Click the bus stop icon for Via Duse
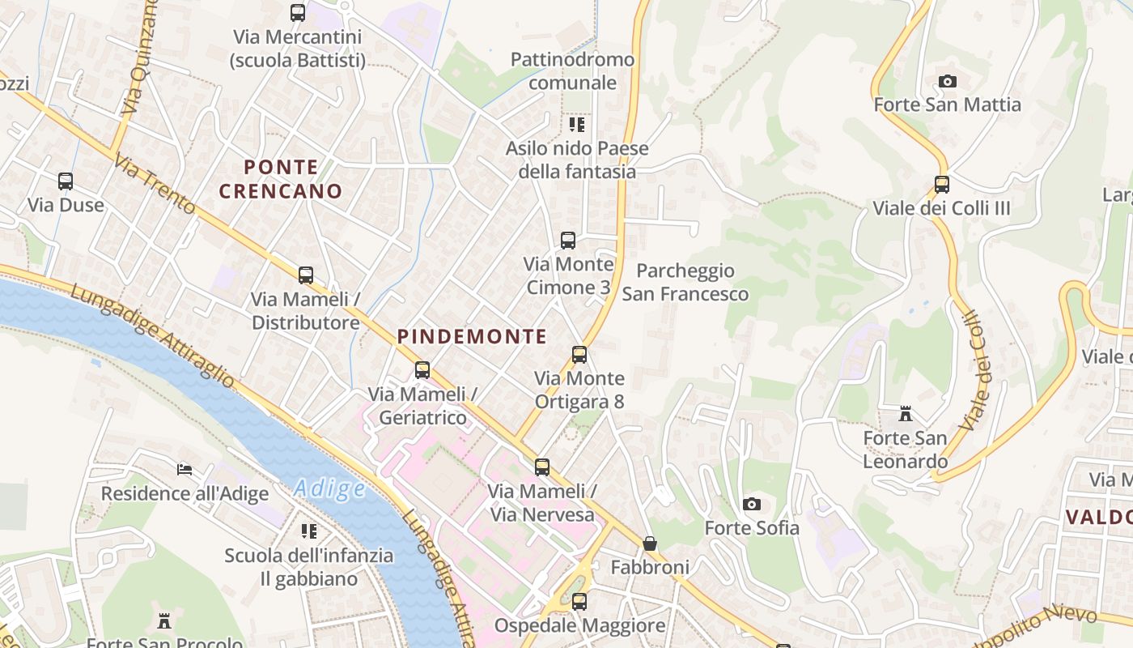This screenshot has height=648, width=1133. tap(66, 181)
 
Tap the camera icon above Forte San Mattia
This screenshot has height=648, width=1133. tap(947, 81)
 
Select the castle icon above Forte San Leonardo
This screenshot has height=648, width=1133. tap(906, 414)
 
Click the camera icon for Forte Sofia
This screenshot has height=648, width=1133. tap(751, 504)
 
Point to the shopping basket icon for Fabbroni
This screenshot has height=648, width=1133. tap(649, 543)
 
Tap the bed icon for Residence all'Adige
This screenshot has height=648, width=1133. tap(185, 469)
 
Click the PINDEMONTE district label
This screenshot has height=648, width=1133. tap(472, 337)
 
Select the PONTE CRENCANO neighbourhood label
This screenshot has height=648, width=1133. tap(281, 179)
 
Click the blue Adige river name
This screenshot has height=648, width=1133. tap(329, 488)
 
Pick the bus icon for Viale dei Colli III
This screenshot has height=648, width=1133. tap(941, 184)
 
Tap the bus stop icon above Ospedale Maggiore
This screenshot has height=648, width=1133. tap(579, 602)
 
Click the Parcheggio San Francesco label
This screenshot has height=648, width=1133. tap(685, 282)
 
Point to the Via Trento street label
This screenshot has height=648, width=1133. tap(155, 185)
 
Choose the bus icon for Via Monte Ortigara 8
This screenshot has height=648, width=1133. tap(579, 354)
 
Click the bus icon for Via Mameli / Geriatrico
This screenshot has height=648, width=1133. tap(422, 370)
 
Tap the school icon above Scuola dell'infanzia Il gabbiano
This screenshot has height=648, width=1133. tap(308, 531)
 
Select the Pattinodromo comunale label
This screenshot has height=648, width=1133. tap(572, 71)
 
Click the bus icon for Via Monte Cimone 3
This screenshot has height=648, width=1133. tap(568, 240)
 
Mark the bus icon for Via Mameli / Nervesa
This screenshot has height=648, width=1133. tap(541, 467)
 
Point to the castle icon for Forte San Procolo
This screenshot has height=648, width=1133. tap(164, 621)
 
